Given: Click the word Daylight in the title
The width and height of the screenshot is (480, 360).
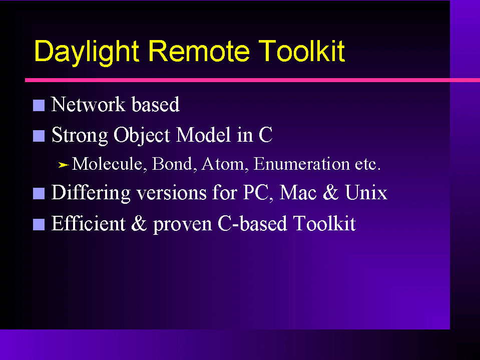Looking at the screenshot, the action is coord(87,52).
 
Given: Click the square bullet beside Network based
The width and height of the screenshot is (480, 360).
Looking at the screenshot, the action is coord(39,105).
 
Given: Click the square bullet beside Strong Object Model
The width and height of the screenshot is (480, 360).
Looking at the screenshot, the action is coord(39,136).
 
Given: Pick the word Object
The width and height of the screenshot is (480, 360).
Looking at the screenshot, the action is coord(142,136).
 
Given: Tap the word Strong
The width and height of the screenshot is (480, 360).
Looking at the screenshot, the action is coord(80,136).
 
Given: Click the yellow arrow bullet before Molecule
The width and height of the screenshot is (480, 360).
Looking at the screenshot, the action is coord(64,165).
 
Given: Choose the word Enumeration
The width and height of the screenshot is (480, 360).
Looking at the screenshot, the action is coord(301,164).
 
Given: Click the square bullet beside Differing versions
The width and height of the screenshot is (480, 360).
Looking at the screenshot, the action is coord(39,193).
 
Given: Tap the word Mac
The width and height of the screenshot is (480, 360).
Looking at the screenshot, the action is coord(298,193).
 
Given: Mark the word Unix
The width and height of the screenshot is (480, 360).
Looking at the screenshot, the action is coord(366,193).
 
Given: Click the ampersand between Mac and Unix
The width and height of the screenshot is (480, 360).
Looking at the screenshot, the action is coord(331,193).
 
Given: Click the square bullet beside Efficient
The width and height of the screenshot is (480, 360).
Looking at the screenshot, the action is coord(39,224).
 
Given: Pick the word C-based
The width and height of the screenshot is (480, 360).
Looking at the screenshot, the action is coord(252,223).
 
